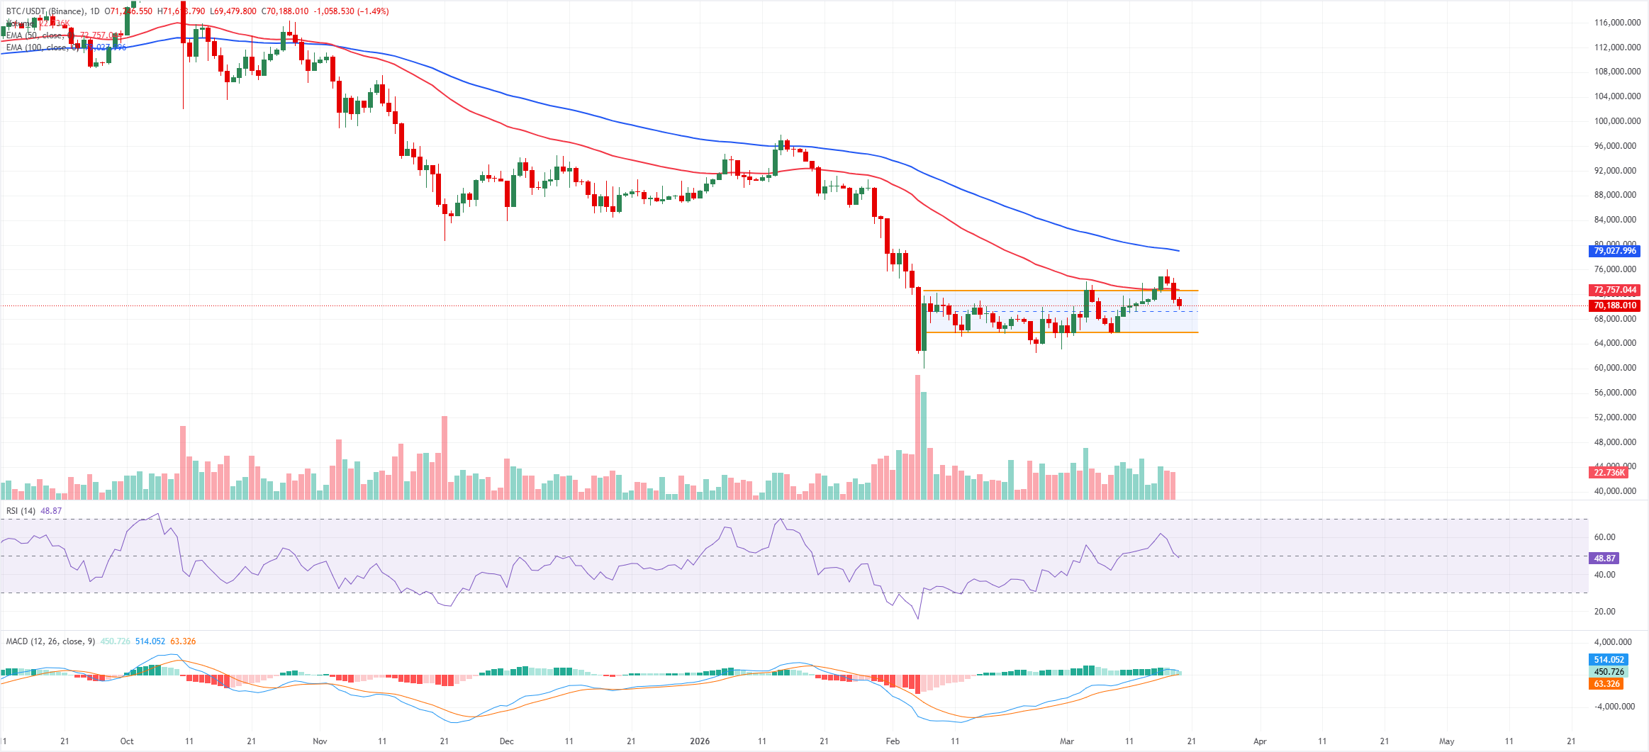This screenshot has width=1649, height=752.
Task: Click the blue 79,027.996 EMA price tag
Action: click(x=1615, y=251)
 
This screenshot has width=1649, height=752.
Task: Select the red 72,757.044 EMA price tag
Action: click(x=1615, y=290)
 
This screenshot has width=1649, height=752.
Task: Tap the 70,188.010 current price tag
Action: click(x=1615, y=305)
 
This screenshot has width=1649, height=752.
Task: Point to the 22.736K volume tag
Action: click(x=1609, y=473)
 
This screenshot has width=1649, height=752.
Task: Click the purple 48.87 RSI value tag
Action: click(x=1604, y=559)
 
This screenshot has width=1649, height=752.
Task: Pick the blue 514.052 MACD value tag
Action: click(x=1609, y=660)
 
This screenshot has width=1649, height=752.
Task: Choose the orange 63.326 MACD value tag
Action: click(x=1606, y=684)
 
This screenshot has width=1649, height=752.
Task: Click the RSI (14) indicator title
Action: click(x=21, y=511)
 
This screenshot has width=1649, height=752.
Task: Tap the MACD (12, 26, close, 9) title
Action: click(x=50, y=641)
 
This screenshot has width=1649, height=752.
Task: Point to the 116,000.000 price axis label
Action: click(x=1617, y=23)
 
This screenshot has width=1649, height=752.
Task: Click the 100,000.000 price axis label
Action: click(x=1617, y=121)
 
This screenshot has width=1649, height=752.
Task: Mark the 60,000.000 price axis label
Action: click(x=1617, y=368)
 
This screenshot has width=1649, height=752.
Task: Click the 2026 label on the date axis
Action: click(x=700, y=741)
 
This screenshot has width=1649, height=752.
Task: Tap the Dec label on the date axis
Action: click(x=506, y=741)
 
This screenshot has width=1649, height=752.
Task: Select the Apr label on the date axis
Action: click(x=1260, y=741)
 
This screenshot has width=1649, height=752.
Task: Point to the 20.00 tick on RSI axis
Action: click(x=1605, y=612)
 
